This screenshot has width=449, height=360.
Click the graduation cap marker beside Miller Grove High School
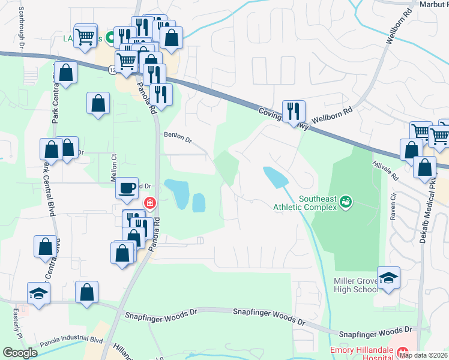tap(389, 278)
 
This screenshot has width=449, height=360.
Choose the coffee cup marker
tap(127, 188)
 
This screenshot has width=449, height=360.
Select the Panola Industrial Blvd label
tap(71, 339)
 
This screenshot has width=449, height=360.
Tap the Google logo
tap(20, 352)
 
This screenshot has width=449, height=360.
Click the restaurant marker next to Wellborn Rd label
tap(294, 110)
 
